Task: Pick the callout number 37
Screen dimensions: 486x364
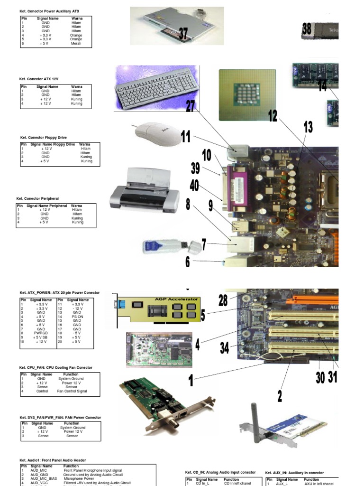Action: [x=183, y=33]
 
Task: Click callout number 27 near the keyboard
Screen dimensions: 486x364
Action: [x=191, y=105]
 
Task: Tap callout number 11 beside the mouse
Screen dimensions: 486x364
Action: [x=185, y=137]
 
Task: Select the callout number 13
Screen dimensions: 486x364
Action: [x=308, y=127]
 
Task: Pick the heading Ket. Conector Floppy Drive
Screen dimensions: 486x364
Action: [x=44, y=137]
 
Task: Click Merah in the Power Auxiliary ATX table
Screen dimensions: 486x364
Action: [x=76, y=43]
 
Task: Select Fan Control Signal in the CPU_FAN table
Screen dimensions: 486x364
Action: [x=72, y=391]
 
